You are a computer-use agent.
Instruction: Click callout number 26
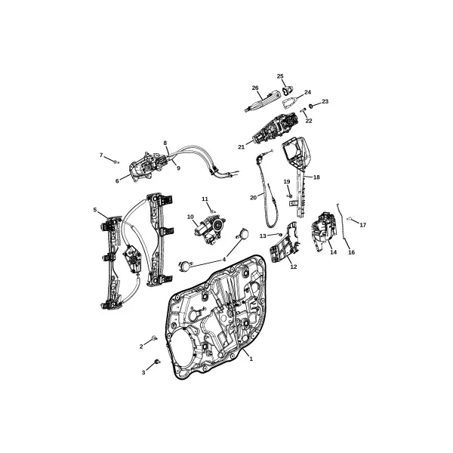[255, 88]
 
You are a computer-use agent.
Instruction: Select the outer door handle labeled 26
[263, 100]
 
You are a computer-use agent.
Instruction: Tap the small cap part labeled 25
[288, 91]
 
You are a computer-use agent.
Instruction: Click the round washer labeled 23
[311, 106]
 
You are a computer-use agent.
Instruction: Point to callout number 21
[242, 146]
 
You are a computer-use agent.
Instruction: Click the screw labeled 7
[116, 162]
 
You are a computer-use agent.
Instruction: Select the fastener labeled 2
[155, 337]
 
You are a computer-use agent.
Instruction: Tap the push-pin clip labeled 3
[157, 361]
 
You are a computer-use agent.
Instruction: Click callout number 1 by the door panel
[251, 359]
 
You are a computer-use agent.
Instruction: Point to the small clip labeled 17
[349, 219]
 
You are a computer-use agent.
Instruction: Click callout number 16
[351, 252]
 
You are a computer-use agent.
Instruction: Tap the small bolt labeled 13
[279, 235]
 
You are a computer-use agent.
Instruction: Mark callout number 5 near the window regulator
[95, 210]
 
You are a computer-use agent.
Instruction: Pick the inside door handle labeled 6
[143, 168]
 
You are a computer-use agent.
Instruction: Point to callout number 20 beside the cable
[253, 198]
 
